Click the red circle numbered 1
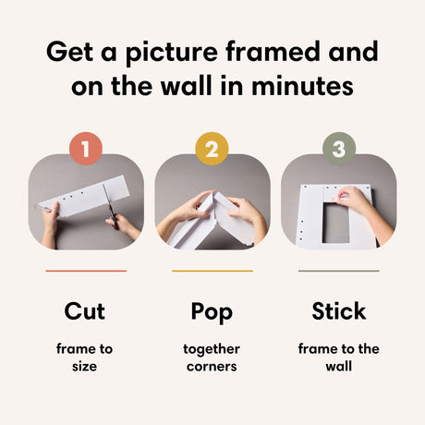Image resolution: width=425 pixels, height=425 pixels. click(86, 149)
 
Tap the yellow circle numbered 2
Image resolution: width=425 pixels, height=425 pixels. click(212, 149)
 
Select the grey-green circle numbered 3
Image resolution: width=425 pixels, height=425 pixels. click(338, 149)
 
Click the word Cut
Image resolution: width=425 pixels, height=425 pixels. click(85, 311)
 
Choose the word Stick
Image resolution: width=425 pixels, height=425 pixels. click(338, 311)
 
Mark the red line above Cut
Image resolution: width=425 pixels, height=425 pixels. click(85, 271)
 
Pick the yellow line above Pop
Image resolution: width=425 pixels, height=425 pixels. click(212, 271)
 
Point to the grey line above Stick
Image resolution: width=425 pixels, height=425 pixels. click(338, 271)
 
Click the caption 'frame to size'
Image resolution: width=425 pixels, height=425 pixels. click(85, 358)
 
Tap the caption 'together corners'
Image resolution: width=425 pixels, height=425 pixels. click(212, 358)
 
